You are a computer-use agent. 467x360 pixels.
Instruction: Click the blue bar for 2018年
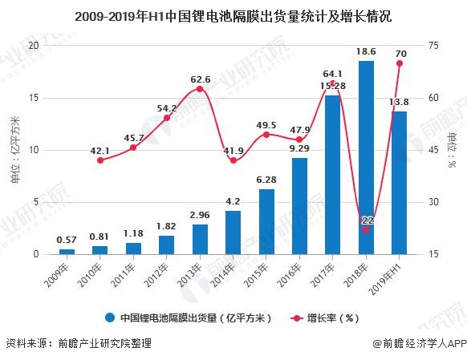point(366,157)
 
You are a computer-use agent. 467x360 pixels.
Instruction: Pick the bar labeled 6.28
point(266,221)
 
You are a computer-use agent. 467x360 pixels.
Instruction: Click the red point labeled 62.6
point(200,89)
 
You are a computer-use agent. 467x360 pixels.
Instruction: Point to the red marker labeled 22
point(366,229)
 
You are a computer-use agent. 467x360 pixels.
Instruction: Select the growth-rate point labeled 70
point(399,63)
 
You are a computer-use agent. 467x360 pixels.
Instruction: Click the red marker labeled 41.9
point(233,160)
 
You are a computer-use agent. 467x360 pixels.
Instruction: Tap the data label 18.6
point(366,51)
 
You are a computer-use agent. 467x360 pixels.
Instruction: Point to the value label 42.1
point(100,149)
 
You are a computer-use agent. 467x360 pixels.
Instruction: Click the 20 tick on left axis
point(33,46)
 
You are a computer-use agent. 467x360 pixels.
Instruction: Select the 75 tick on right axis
point(434,46)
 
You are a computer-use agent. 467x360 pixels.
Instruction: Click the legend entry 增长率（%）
point(330,318)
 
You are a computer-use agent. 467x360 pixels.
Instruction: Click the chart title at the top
point(233,14)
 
